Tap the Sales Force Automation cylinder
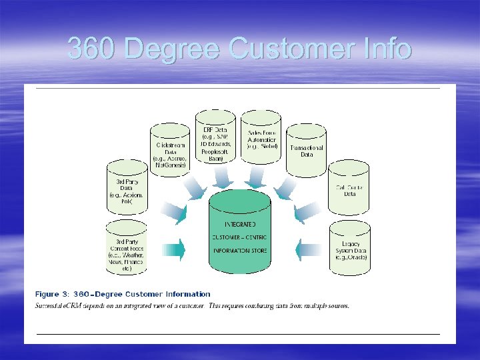coord(261,141)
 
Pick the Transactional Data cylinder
coord(307,151)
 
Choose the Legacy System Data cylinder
coord(350,248)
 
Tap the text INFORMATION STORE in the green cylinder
coord(240,251)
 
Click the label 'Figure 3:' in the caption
coord(55,294)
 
